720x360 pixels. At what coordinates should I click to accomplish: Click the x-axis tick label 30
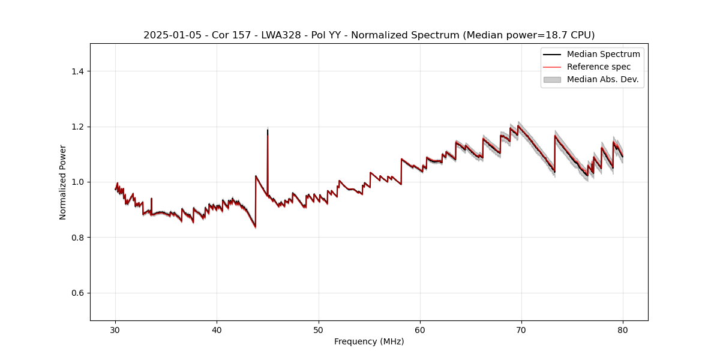click(x=116, y=329)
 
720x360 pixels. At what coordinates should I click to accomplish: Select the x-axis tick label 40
click(x=217, y=329)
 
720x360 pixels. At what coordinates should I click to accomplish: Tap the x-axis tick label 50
click(x=319, y=329)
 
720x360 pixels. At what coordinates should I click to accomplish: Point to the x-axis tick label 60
click(x=420, y=329)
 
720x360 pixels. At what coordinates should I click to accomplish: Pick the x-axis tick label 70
click(x=521, y=329)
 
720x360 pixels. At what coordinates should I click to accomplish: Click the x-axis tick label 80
click(x=623, y=329)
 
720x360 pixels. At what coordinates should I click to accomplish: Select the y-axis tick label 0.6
click(x=77, y=293)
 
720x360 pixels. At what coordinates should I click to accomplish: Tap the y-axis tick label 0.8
click(x=77, y=238)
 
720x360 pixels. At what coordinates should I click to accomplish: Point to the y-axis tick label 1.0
click(x=77, y=182)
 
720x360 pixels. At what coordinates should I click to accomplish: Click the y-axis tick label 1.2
click(x=77, y=127)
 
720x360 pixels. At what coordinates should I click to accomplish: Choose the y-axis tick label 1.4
click(x=77, y=71)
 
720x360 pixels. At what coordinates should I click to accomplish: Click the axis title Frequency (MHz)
click(x=369, y=341)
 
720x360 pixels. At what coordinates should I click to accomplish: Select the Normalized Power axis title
click(x=63, y=182)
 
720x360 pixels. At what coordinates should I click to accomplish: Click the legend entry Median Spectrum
click(x=603, y=55)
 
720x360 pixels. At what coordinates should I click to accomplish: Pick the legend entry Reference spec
click(x=598, y=67)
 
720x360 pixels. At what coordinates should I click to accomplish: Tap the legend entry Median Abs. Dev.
click(x=602, y=79)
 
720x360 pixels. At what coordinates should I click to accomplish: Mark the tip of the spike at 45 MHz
click(x=268, y=129)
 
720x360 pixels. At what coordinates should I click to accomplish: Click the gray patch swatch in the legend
click(x=552, y=79)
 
